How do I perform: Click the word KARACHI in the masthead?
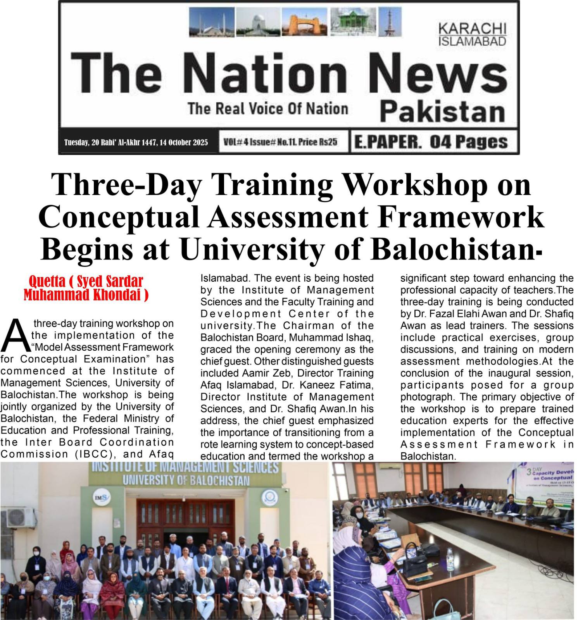click(472, 29)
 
